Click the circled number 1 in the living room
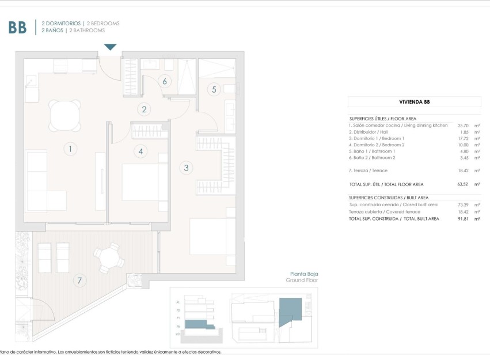[70, 149]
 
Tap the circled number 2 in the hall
[145, 109]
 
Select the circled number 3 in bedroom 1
[185, 168]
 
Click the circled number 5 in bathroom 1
[214, 89]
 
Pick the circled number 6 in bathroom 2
[165, 81]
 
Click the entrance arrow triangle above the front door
[111, 47]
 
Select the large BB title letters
[17, 27]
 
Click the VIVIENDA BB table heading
[414, 102]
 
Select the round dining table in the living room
[65, 115]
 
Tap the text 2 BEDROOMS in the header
[103, 24]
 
